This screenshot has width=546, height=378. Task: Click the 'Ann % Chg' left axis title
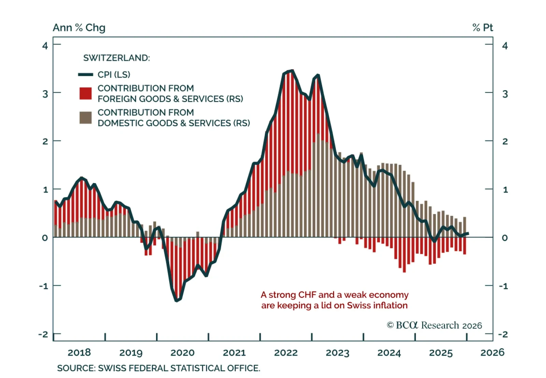coord(79,28)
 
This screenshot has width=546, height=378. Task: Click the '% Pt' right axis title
coord(483,28)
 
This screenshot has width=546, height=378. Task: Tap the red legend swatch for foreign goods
coord(85,93)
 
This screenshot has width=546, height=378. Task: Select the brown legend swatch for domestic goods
coord(85,117)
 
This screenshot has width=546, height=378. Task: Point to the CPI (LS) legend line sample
coord(85,74)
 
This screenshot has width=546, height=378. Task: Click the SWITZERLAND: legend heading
coord(116,58)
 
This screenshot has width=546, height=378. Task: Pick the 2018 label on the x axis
coord(79,352)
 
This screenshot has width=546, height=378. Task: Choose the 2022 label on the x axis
coord(286,352)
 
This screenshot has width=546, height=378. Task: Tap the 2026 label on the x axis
coord(492,352)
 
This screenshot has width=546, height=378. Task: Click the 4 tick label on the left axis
coord(45,45)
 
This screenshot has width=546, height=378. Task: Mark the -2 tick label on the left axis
coord(43,334)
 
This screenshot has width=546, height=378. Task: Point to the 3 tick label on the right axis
coord(505,94)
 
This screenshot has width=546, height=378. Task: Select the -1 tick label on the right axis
coord(503,286)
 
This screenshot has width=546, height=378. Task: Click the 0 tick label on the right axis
coord(505,238)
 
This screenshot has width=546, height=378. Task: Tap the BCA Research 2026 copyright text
coord(434,325)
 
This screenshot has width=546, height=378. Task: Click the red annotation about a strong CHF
coord(334,300)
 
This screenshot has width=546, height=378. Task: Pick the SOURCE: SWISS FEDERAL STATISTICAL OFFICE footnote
coord(158,368)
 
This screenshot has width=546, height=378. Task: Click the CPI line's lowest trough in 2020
coord(176,300)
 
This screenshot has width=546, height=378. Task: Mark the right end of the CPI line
coord(468,234)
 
